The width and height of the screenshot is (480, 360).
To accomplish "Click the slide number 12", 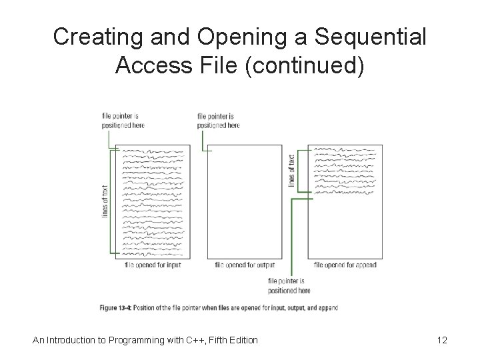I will tap(441, 340).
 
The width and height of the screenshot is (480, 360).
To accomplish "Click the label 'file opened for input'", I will tap(153, 265).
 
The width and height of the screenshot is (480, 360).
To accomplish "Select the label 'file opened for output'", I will tap(245, 265).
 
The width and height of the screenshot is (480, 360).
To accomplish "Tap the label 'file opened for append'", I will tap(345, 265).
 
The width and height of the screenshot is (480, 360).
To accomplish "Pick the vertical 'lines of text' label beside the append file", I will tap(291, 170).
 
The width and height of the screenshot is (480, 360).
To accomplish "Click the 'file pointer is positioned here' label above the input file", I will tap(123, 121).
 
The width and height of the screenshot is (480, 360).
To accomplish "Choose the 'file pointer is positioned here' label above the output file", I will tap(218, 121).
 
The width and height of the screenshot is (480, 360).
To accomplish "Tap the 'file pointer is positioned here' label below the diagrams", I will tap(289, 286).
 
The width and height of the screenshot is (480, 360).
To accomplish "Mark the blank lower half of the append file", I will tap(345, 227).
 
